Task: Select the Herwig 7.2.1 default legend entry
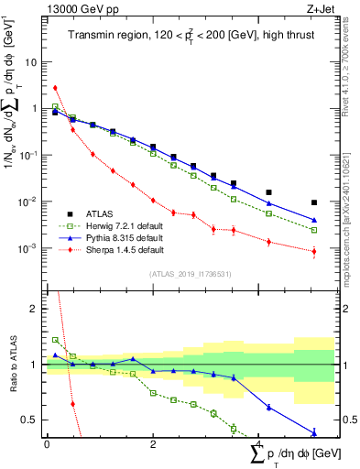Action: (125, 223)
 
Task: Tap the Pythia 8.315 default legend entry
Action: (124, 236)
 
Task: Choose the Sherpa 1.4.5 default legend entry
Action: (125, 249)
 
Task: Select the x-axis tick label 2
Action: (153, 444)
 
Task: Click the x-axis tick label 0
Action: (47, 444)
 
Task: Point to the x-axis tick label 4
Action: (259, 444)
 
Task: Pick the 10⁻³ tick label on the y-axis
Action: (29, 248)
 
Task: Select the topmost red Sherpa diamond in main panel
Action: (56, 88)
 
